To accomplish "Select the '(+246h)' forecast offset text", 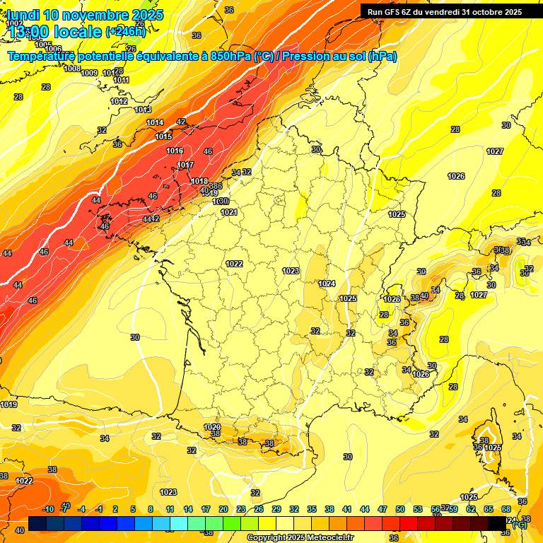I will (x=125, y=32).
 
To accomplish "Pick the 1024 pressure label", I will (x=327, y=284).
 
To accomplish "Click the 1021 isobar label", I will (x=228, y=212).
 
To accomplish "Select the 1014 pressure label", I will (x=155, y=123).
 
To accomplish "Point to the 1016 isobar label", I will (x=175, y=151).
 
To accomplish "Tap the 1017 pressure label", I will (x=185, y=165).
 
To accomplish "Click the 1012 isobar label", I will (x=119, y=102).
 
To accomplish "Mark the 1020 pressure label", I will (x=211, y=427).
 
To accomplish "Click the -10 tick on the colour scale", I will (x=48, y=509).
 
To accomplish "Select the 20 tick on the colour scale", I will (x=223, y=509).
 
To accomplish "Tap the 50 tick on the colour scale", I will (x=400, y=509).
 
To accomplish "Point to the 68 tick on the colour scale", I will (x=506, y=509).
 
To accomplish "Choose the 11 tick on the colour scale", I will (x=170, y=509).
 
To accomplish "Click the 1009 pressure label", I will (x=89, y=73).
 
